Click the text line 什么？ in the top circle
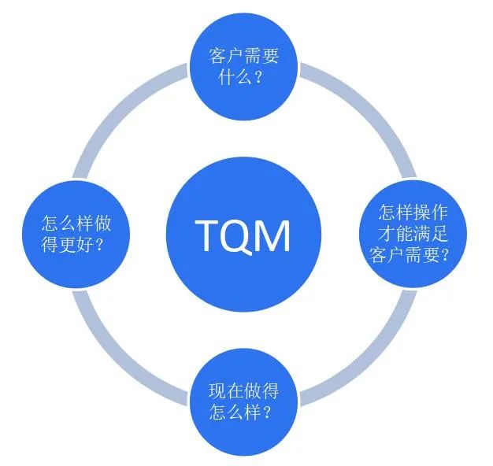point(244,77)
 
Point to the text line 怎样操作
point(411,212)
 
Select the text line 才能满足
point(411,233)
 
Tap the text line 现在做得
point(243,390)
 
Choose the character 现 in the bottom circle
point(217,390)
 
